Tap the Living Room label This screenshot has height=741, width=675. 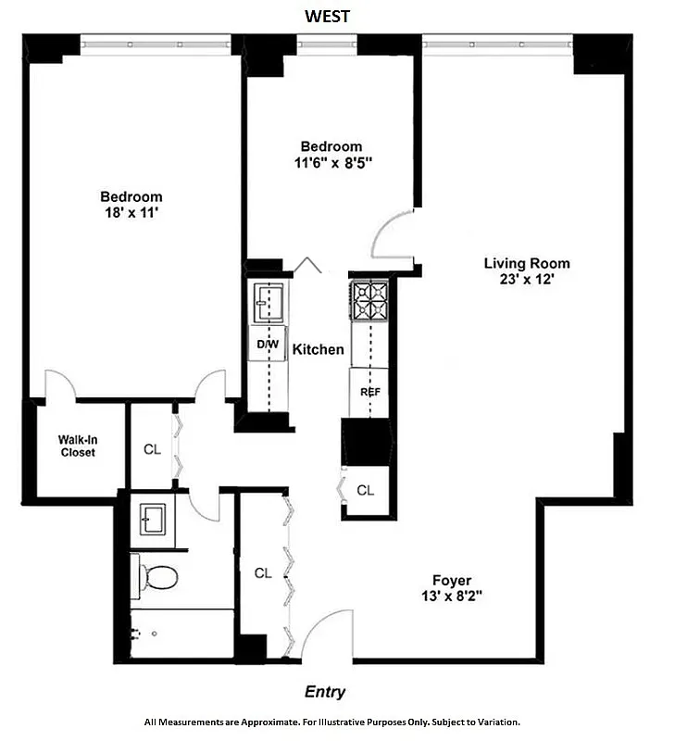527,263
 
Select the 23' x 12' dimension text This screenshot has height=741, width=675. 527,279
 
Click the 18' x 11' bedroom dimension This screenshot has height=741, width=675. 131,212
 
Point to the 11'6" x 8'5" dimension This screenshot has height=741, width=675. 331,162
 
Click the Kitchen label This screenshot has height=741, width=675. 319,350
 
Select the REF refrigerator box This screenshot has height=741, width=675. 370,392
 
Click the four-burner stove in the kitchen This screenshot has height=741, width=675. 370,301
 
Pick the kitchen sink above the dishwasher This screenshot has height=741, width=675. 269,302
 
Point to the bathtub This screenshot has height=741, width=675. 181,634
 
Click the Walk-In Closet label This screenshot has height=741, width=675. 78,446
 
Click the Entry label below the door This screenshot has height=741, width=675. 325,692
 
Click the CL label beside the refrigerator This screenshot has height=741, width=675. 366,490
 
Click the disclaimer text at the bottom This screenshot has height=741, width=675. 331,722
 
